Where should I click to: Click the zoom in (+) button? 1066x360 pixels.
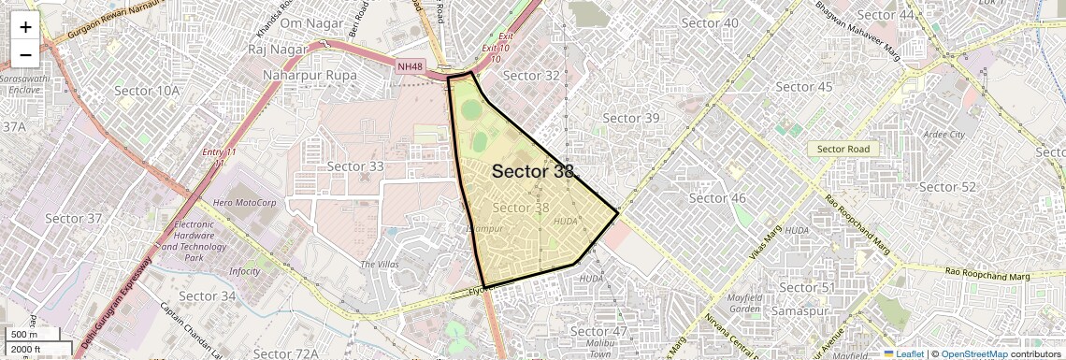[25, 26]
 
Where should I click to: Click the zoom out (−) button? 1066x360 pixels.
[25, 54]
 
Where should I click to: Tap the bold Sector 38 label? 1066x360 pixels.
[532, 171]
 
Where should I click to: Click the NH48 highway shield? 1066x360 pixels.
[410, 65]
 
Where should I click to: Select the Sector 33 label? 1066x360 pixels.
[355, 166]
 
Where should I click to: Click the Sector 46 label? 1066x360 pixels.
[717, 198]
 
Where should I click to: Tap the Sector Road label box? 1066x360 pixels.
[843, 149]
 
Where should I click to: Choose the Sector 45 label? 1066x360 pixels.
[804, 87]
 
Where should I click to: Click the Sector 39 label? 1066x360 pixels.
[631, 118]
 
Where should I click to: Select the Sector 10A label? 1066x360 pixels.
[146, 91]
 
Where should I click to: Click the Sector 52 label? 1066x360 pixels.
[947, 187]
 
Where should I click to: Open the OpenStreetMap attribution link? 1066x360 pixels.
[973, 353]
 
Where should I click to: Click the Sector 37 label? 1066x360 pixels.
[73, 219]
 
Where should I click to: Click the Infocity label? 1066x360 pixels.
[245, 271]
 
